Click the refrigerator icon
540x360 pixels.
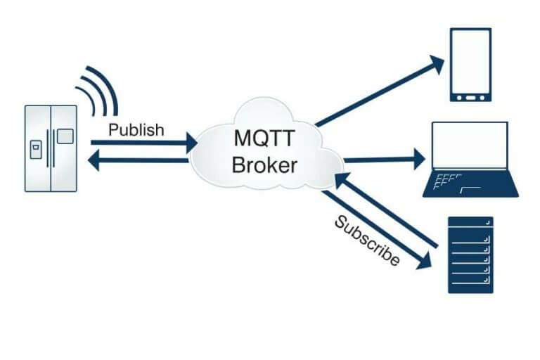click(51, 148)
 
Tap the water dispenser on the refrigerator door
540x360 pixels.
click(35, 150)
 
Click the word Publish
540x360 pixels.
click(136, 130)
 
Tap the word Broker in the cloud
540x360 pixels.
click(264, 165)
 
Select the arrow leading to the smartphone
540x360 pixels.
click(380, 92)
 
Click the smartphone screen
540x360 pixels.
click(470, 60)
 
